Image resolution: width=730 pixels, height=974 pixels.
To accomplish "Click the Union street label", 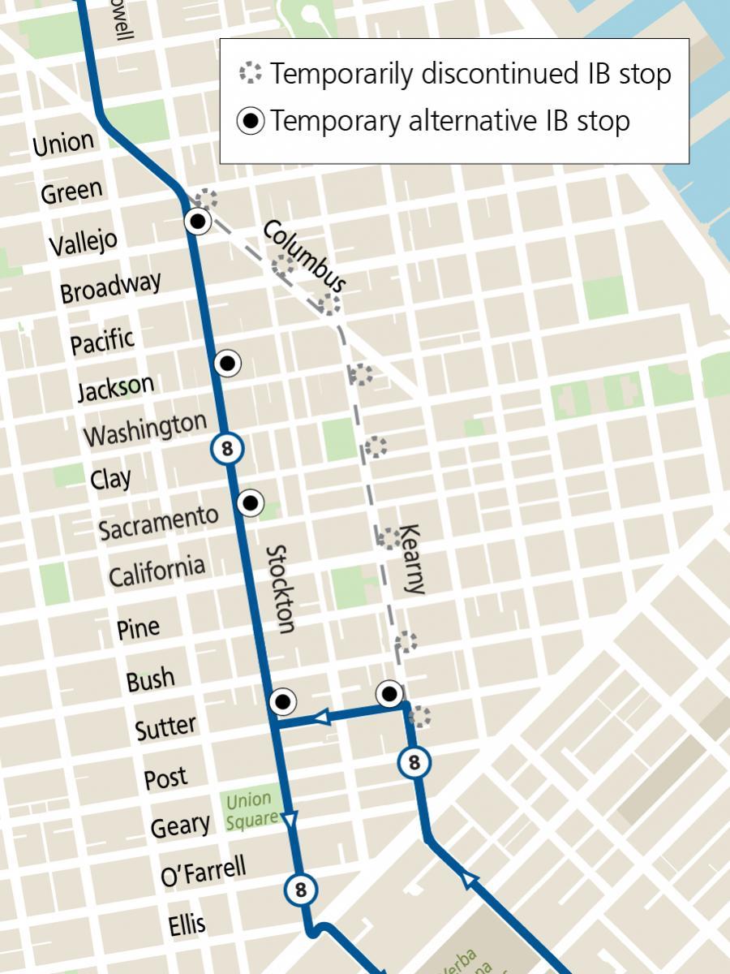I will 63,144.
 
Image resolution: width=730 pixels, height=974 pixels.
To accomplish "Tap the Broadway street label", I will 110,287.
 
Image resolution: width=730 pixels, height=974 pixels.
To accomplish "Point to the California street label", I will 157,571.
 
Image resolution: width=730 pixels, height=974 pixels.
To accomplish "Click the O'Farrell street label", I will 203,873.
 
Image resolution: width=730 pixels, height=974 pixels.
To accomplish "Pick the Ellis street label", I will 187,924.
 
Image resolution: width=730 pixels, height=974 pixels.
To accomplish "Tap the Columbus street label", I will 305,256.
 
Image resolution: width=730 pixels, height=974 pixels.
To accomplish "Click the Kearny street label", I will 412,559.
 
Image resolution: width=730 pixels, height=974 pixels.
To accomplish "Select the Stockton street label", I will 280,588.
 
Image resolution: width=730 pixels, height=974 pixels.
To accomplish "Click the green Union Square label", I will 251,810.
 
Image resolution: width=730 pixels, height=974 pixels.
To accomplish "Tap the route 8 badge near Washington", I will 227,447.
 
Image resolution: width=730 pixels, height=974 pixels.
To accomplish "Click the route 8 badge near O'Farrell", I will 300,889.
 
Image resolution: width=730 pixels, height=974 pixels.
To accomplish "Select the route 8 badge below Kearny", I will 414,762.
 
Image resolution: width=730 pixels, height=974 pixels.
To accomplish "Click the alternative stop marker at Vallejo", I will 198,220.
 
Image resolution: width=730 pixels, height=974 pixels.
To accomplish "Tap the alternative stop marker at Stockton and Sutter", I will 282,700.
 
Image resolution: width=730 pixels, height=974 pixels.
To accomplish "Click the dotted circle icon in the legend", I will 251,74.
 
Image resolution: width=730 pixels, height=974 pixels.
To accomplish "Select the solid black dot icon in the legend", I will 251,122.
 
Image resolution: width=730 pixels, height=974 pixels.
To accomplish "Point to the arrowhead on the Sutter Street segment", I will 321,717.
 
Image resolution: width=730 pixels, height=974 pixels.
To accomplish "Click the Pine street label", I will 138,627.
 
